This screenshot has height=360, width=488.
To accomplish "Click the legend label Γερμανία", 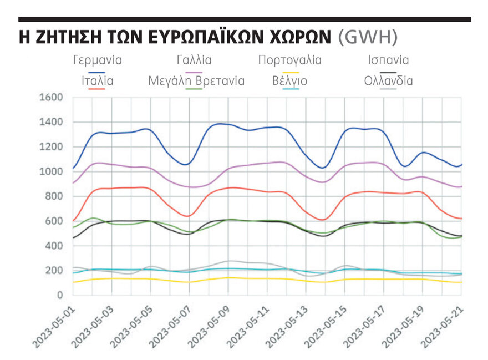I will pos(97,60).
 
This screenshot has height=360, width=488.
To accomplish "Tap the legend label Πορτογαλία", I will pos(289,60).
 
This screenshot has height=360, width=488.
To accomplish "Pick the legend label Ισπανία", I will pos(388,60).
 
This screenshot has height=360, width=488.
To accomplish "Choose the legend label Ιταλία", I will pos(97,80).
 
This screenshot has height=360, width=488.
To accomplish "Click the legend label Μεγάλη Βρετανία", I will pos(196,80).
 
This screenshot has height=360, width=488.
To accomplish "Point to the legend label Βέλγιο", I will pos(289,80).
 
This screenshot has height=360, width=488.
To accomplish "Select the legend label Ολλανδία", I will pos(388,80).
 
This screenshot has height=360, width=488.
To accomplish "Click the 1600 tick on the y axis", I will pos(51,98).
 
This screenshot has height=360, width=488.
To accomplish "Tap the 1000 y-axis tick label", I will pos(51,172).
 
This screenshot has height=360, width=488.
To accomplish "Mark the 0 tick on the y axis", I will pos(60,295).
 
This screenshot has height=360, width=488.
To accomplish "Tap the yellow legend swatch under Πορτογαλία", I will pos(289,71).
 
